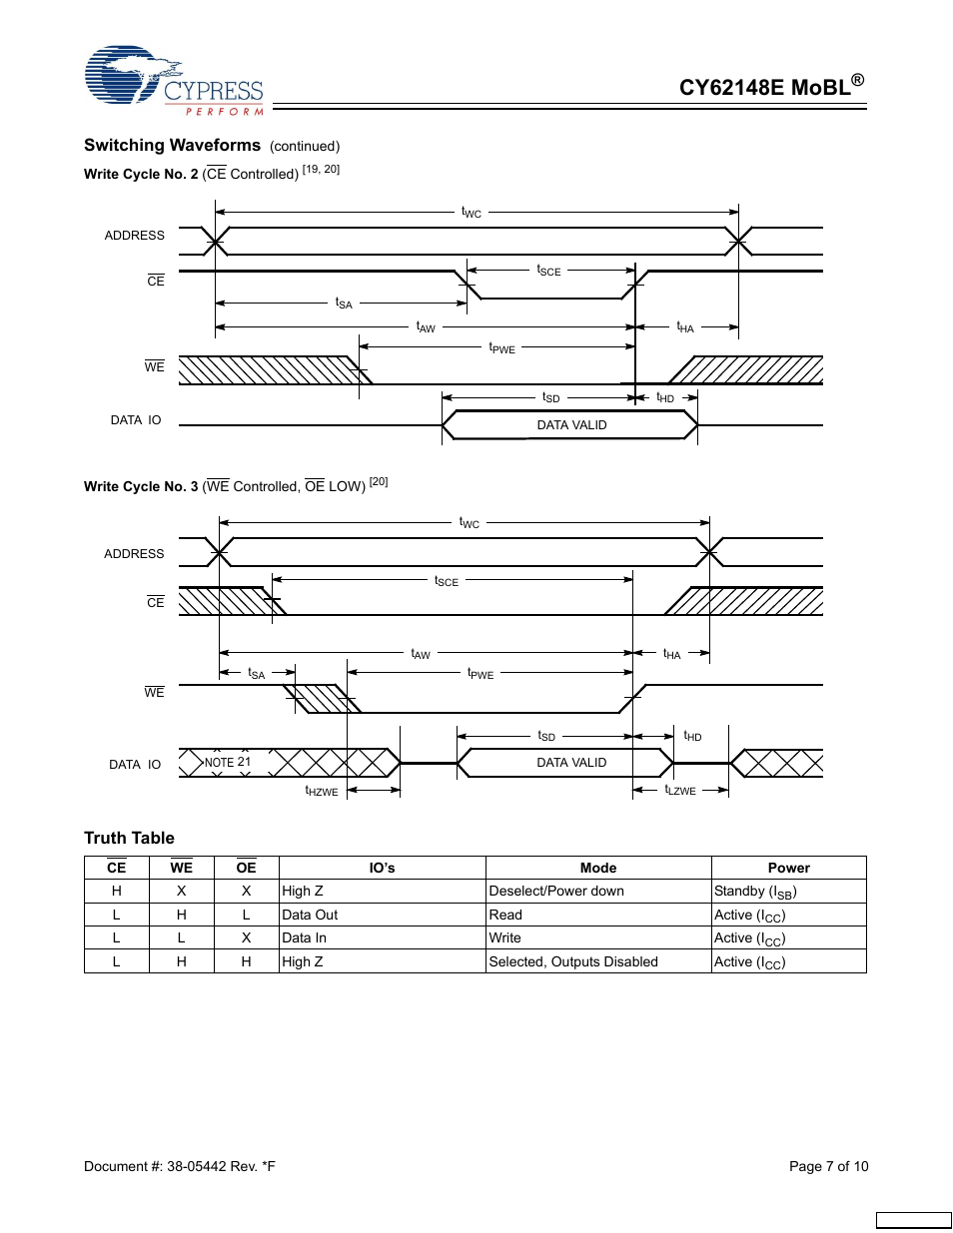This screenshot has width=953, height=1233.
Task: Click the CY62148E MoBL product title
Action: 770,87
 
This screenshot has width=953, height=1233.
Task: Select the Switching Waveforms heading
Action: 172,146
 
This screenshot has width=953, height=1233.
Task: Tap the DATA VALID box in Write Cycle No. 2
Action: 571,425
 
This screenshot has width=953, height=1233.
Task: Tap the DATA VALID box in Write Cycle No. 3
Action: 571,763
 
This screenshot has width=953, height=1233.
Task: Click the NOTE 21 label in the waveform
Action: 228,763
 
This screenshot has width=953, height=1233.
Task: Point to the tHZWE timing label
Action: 322,791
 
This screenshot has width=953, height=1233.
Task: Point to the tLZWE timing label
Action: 680,790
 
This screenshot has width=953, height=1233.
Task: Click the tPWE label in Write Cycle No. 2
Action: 501,347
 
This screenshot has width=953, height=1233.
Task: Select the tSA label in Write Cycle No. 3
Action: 257,674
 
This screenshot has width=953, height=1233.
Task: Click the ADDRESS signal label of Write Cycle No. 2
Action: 135,236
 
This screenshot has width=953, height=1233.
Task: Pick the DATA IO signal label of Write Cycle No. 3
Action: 135,765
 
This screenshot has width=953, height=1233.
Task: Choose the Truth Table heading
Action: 129,838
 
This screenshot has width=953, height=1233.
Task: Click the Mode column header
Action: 598,868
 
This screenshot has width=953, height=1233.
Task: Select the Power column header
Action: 788,868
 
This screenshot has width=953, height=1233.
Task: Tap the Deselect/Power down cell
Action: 556,891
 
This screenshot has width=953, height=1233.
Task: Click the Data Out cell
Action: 310,915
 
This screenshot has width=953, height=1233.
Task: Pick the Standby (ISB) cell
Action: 755,892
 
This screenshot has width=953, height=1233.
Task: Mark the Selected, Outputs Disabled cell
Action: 573,961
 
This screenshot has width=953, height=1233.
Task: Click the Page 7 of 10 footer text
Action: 828,1166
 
